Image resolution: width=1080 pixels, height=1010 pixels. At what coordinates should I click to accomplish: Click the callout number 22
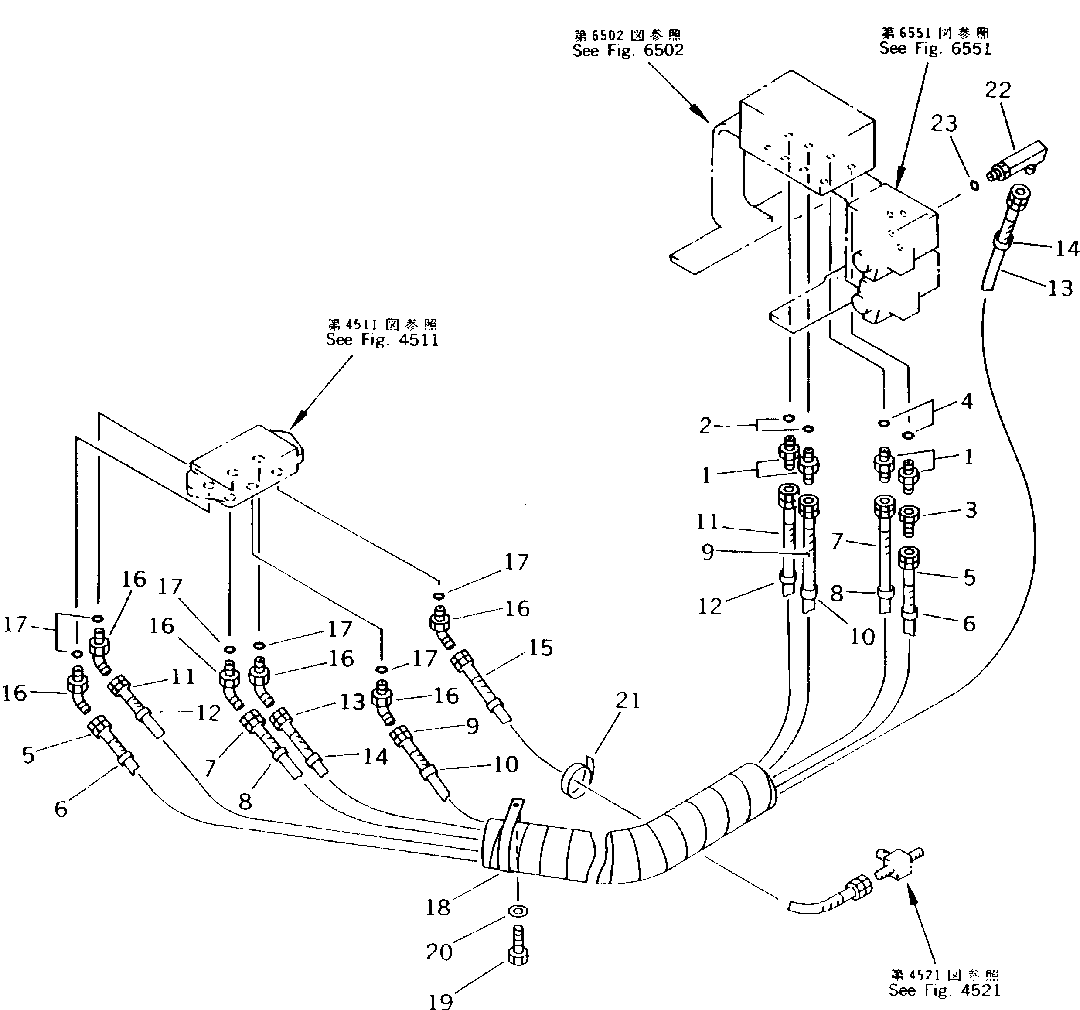click(998, 90)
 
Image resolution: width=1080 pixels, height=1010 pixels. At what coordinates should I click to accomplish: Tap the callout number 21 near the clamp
click(628, 701)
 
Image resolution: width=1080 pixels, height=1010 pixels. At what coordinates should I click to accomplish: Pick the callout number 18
click(438, 908)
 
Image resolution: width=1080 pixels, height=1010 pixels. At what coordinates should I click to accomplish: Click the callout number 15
click(541, 648)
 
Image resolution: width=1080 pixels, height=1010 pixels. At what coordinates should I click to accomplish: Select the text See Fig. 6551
click(935, 48)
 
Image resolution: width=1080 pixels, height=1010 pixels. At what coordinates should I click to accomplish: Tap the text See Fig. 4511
click(382, 340)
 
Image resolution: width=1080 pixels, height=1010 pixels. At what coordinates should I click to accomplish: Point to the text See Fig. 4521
click(944, 990)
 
